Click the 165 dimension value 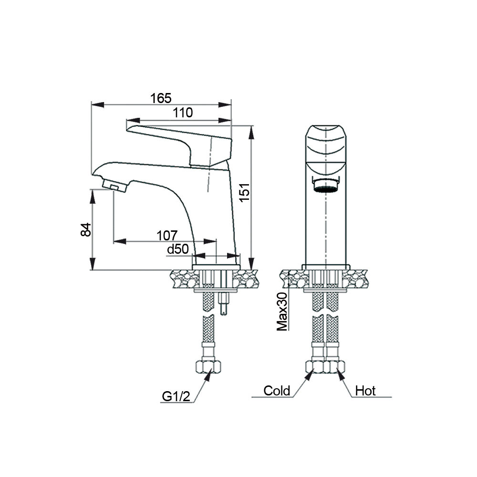pos(161,98)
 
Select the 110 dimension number pos(183,113)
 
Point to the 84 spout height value pos(86,230)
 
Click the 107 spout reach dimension pos(167,236)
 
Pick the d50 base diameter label pos(178,249)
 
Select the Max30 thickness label pos(282,311)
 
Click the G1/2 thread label pos(176,396)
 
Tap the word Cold pos(277,391)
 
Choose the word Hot pos(365,391)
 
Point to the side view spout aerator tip pos(114,186)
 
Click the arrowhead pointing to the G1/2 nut pos(208,376)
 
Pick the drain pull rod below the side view pos(224,304)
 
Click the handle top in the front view pos(326,146)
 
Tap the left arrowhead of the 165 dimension pos(98,104)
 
